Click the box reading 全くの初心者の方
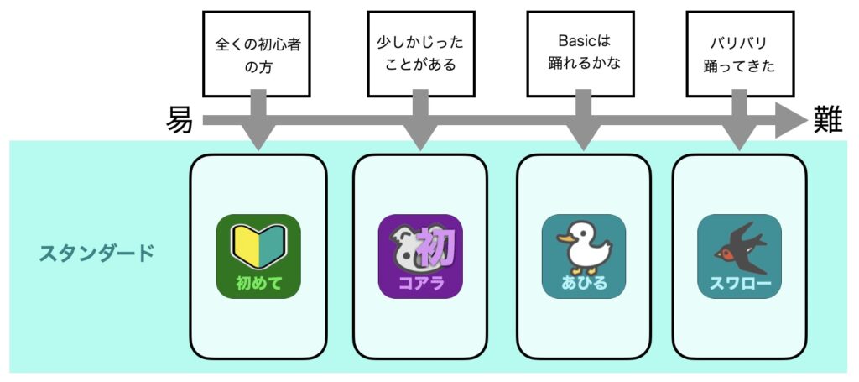pyautogui.click(x=257, y=55)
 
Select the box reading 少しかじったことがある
pyautogui.click(x=420, y=54)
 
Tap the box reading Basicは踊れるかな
pyautogui.click(x=580, y=54)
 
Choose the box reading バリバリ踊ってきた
pyautogui.click(x=739, y=54)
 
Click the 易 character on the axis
pyautogui.click(x=180, y=121)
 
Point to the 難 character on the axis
pyautogui.click(x=827, y=120)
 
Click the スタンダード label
pyautogui.click(x=96, y=254)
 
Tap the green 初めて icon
pyautogui.click(x=258, y=257)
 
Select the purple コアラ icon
pyautogui.click(x=421, y=257)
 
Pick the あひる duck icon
pyautogui.click(x=584, y=257)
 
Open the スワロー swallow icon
pyautogui.click(x=740, y=257)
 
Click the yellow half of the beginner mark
pyautogui.click(x=245, y=246)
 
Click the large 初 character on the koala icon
pyautogui.click(x=436, y=248)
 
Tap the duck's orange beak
pyautogui.click(x=565, y=239)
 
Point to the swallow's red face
pyautogui.click(x=726, y=254)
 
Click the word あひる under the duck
pyautogui.click(x=584, y=284)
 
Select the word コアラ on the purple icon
pyautogui.click(x=421, y=285)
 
